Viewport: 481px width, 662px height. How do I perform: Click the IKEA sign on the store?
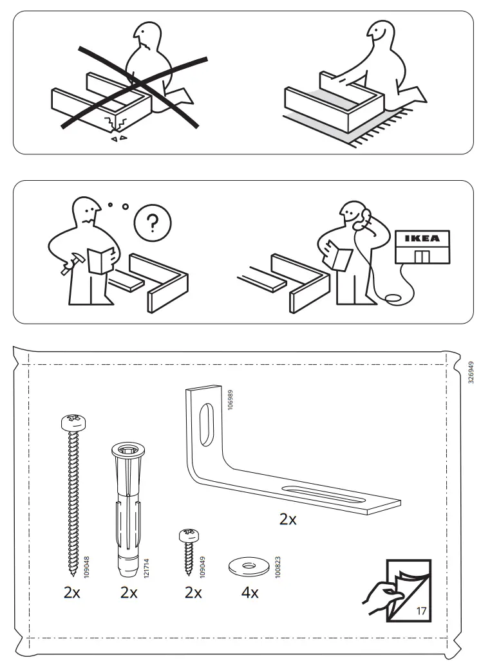pos(422,238)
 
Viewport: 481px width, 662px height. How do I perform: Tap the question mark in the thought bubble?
pos(152,223)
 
